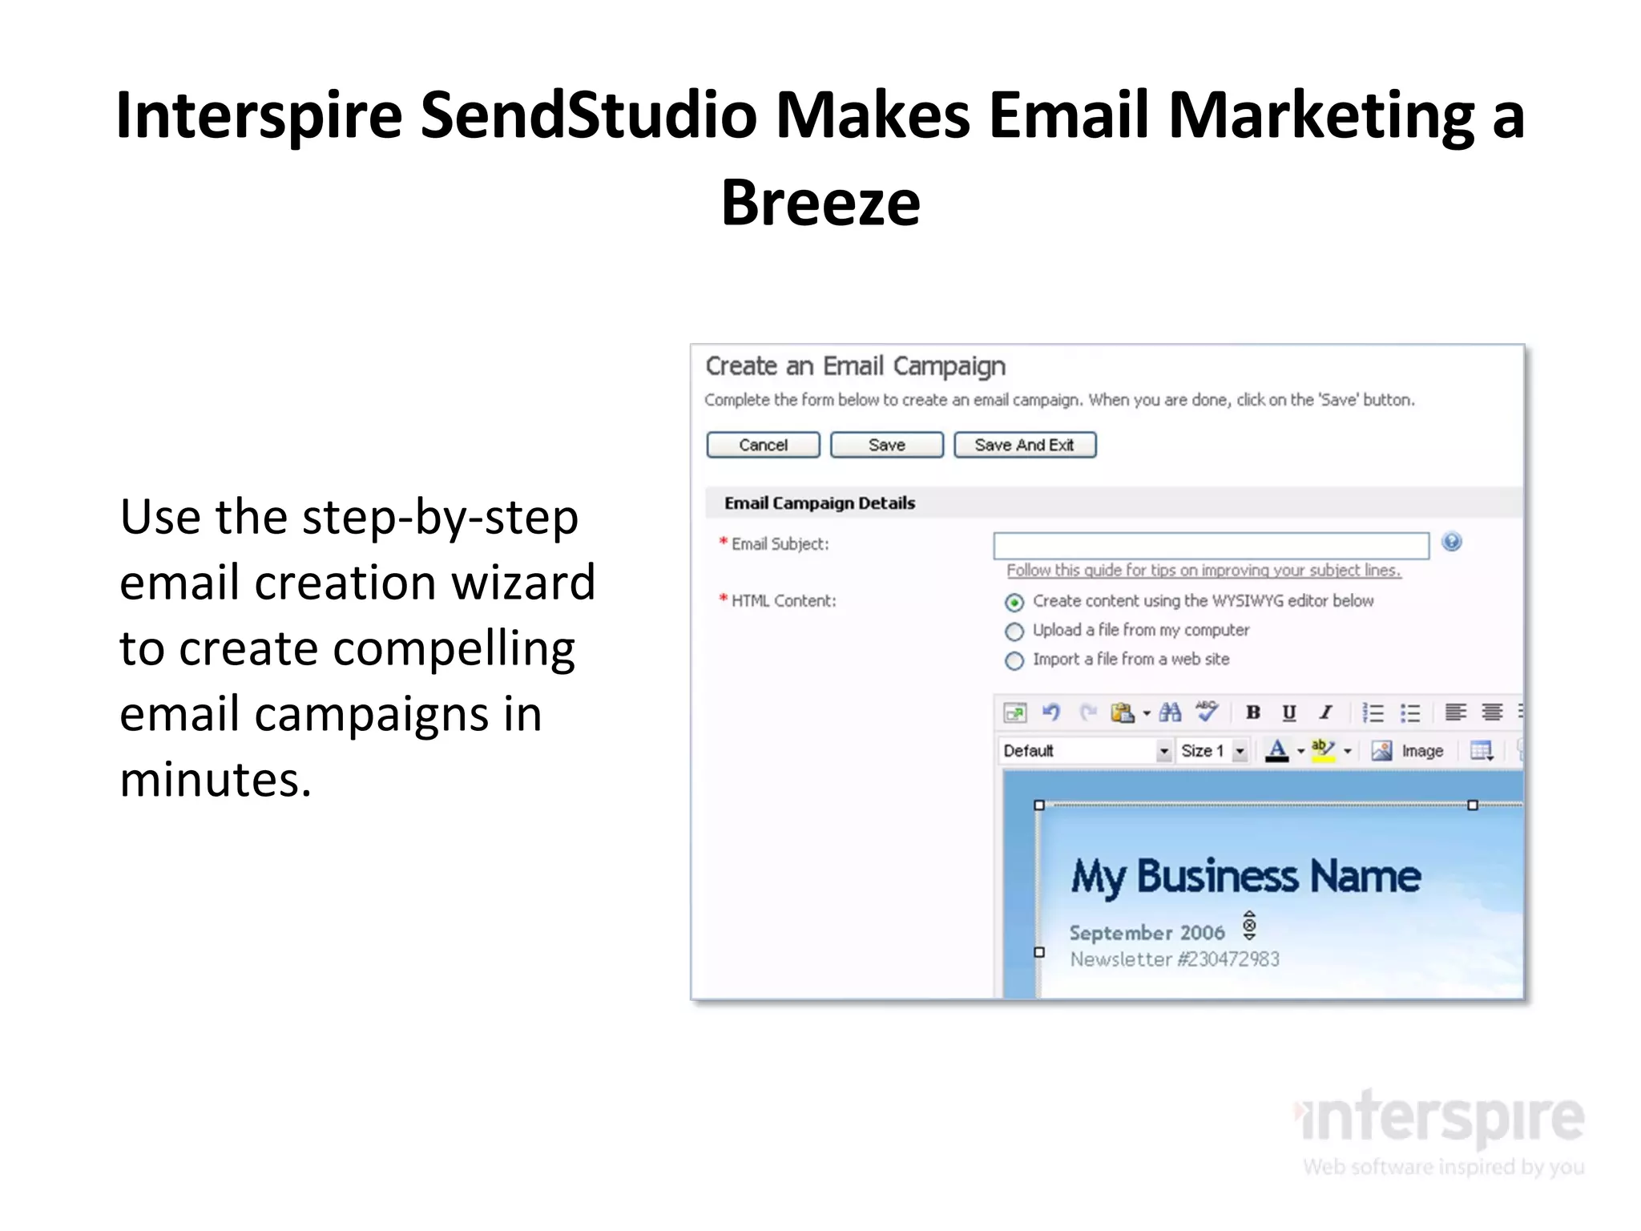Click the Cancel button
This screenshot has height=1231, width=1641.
(763, 445)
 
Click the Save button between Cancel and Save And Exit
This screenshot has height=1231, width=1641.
(886, 445)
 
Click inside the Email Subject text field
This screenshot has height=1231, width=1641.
(1210, 545)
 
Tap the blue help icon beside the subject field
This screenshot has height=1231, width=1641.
(1451, 543)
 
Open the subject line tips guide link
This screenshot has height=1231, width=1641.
(1204, 571)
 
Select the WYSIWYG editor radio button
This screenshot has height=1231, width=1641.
(1014, 602)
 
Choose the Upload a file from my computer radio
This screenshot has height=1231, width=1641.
(1014, 632)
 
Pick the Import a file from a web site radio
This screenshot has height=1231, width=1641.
(1014, 660)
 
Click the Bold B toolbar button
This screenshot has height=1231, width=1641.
(1253, 712)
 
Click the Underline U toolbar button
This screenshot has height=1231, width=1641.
(1288, 712)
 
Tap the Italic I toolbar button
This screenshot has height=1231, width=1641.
(1326, 712)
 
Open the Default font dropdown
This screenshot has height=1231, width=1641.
(1163, 751)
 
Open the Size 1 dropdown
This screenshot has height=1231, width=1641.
(1240, 751)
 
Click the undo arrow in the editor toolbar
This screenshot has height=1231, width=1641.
(1050, 712)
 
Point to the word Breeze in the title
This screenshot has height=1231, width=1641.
(820, 203)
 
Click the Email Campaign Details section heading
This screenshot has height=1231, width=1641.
(819, 503)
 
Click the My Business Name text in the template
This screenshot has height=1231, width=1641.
(1246, 876)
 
